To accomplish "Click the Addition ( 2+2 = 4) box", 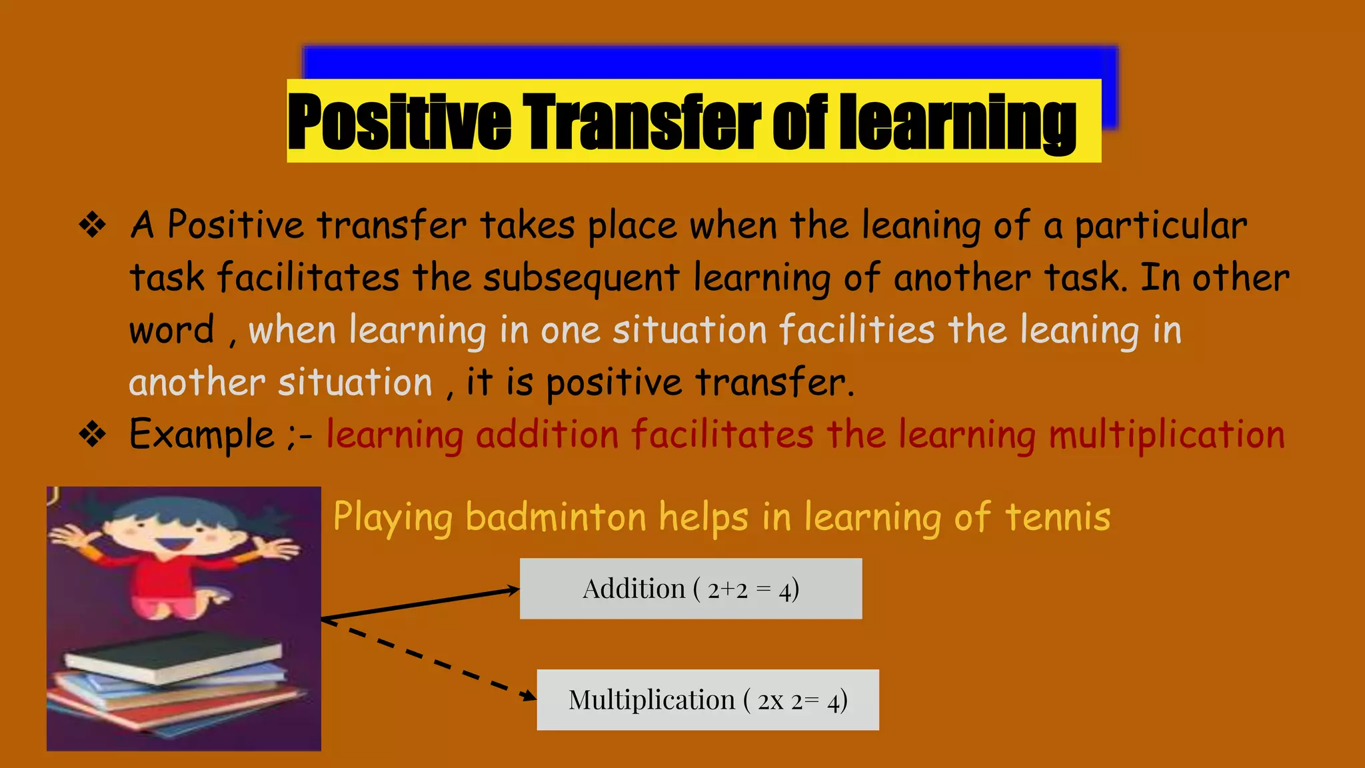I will point(690,589).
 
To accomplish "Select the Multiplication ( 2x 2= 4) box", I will point(708,700).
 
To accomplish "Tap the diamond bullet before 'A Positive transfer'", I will point(93,225).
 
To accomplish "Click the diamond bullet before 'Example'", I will point(93,435).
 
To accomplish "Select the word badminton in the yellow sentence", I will point(556,517).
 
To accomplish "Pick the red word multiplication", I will point(1166,435).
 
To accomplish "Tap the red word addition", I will point(547,435).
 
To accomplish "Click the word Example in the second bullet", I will point(201,435).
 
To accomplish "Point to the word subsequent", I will point(581,278).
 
